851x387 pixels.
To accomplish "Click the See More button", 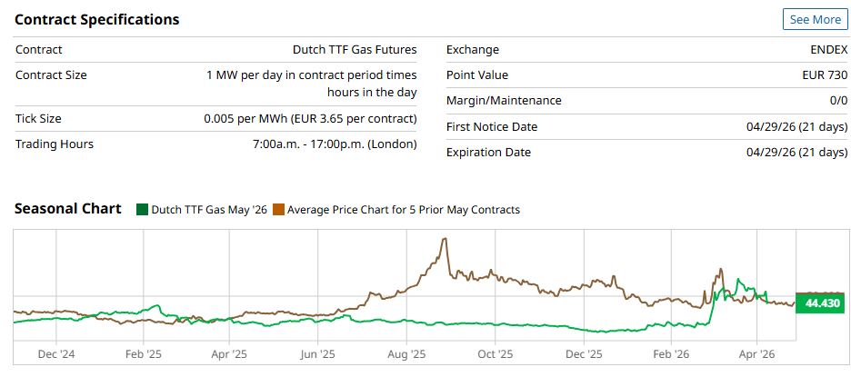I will [815, 19].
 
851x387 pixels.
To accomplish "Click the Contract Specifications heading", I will [97, 19].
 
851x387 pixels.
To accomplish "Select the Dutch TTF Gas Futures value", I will [355, 50].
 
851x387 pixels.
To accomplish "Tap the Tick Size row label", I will [38, 118].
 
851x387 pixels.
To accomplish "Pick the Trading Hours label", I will [55, 144].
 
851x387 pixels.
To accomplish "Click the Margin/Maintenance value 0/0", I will [837, 100].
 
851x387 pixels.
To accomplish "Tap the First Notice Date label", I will [492, 126].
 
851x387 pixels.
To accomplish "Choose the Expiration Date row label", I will [488, 152].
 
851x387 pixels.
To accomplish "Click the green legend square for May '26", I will [142, 210].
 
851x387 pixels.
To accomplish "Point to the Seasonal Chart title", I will [68, 209].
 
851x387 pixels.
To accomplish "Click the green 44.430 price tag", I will [821, 303].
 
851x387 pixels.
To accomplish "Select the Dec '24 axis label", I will [57, 354].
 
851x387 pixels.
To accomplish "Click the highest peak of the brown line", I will [444, 239].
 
